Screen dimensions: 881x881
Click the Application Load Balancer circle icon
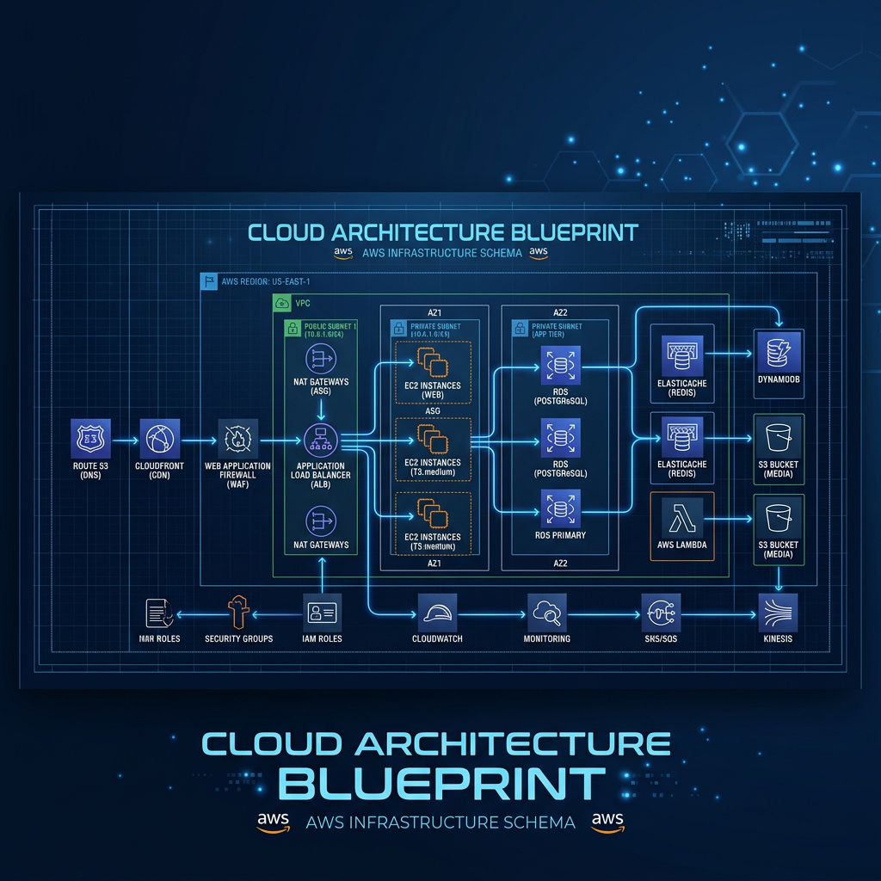point(320,440)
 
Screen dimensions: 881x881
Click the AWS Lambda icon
point(681,520)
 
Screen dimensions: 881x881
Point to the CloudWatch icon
point(439,613)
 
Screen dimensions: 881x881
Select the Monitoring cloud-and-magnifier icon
point(547,613)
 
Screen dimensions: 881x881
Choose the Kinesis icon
point(778,613)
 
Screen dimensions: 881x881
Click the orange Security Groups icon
point(238,613)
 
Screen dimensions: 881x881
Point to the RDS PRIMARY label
point(560,535)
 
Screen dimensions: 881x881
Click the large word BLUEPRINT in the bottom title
point(442,783)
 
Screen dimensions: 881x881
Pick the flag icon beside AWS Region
point(207,281)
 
